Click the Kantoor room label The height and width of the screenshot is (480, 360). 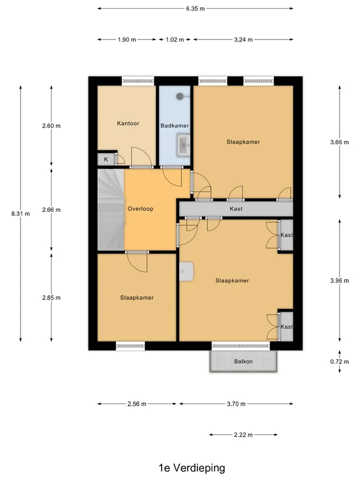pos(128,123)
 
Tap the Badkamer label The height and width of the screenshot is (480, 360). pos(174,125)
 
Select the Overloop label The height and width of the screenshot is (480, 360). pos(140,209)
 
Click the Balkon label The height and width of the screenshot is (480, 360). pos(243,361)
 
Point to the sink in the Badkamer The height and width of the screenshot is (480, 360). pos(183,145)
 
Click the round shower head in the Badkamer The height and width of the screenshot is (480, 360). pos(179,96)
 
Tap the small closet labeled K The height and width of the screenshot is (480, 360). pos(106,159)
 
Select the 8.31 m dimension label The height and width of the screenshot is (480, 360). pos(20,213)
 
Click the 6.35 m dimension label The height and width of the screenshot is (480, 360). pos(195,8)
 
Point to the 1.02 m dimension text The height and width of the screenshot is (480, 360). pos(175,39)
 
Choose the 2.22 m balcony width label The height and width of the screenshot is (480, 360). pos(243,434)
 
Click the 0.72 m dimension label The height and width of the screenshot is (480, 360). pos(339,362)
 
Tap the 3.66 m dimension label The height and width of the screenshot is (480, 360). pos(339,142)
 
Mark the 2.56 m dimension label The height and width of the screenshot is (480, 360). pos(137,404)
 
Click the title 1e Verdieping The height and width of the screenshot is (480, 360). pos(191,468)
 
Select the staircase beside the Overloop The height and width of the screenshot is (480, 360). pos(111,210)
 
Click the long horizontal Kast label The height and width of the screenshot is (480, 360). pos(236,209)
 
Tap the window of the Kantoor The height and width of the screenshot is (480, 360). pos(138,81)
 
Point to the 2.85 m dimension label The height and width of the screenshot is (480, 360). pos(51,297)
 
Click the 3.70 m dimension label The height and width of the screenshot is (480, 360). pos(236,404)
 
